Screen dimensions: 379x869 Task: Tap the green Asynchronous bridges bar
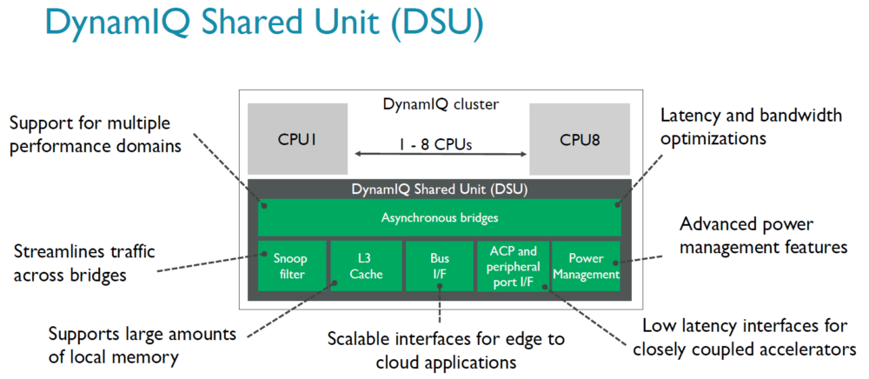point(439,217)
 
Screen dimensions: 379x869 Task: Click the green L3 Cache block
point(365,266)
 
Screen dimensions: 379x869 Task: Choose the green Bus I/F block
point(439,266)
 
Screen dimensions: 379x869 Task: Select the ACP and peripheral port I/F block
point(513,266)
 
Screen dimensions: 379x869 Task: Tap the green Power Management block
point(586,266)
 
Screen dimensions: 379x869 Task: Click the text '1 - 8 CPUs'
point(439,143)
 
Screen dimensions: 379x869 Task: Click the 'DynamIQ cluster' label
point(438,103)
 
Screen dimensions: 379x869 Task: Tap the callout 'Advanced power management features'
point(763,236)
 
